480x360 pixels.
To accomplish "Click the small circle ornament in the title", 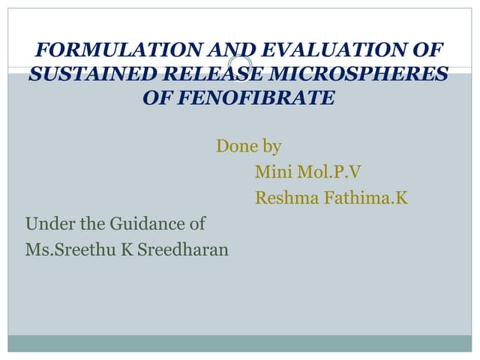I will coord(239,65).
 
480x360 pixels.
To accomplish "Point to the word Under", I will coord(47,223).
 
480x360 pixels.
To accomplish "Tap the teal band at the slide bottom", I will coord(240,343).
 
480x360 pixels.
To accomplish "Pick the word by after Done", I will coord(270,146).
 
